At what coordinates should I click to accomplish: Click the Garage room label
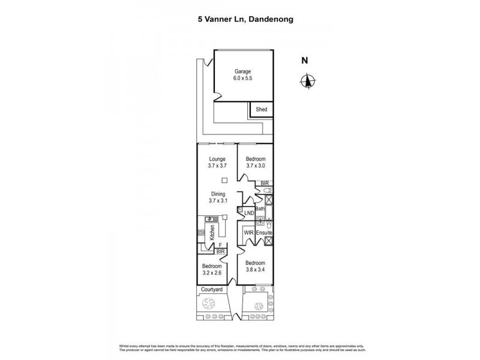coord(242,71)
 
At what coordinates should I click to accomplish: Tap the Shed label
coord(262,110)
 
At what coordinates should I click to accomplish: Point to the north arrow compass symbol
coord(307,81)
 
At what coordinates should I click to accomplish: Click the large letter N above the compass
coord(305,59)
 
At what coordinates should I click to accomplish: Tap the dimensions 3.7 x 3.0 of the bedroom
coord(256,167)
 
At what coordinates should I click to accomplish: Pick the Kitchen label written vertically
coord(212,233)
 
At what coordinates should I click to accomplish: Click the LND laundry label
coord(248,213)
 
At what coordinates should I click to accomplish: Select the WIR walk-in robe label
coord(248,232)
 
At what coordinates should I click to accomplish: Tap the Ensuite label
coord(265,232)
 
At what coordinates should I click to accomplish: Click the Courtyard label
coord(211,290)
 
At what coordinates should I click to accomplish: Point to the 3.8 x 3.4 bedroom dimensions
coord(256,270)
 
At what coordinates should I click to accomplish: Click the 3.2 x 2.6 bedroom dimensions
coord(212,274)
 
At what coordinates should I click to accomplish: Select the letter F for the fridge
coord(220,245)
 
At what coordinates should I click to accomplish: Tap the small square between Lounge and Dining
coord(224,181)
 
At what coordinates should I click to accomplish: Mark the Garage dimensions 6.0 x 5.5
coord(242,79)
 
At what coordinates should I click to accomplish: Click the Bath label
coord(261,208)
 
